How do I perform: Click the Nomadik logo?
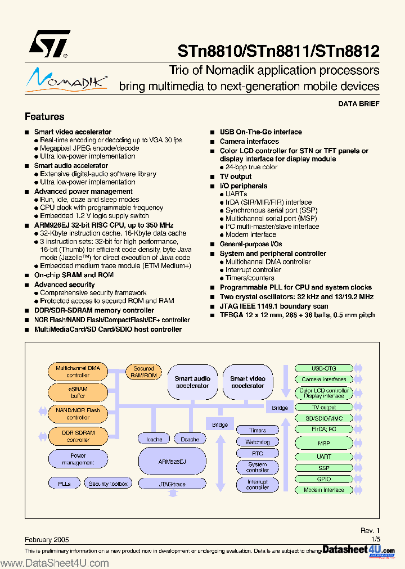(x=66, y=79)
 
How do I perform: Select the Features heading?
(x=44, y=116)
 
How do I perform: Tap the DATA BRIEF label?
(x=359, y=104)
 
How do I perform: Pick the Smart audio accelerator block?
(x=192, y=382)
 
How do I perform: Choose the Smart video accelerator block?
(x=247, y=382)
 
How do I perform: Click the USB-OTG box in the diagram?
(x=323, y=368)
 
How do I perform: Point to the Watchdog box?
(x=258, y=442)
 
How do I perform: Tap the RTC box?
(x=258, y=453)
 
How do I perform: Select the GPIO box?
(x=323, y=479)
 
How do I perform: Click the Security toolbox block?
(x=109, y=484)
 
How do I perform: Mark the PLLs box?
(x=64, y=484)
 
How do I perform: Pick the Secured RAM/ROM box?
(x=143, y=372)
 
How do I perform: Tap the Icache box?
(x=154, y=439)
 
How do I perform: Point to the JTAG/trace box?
(x=172, y=484)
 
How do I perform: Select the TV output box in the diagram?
(x=323, y=407)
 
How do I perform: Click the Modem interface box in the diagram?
(x=323, y=490)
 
